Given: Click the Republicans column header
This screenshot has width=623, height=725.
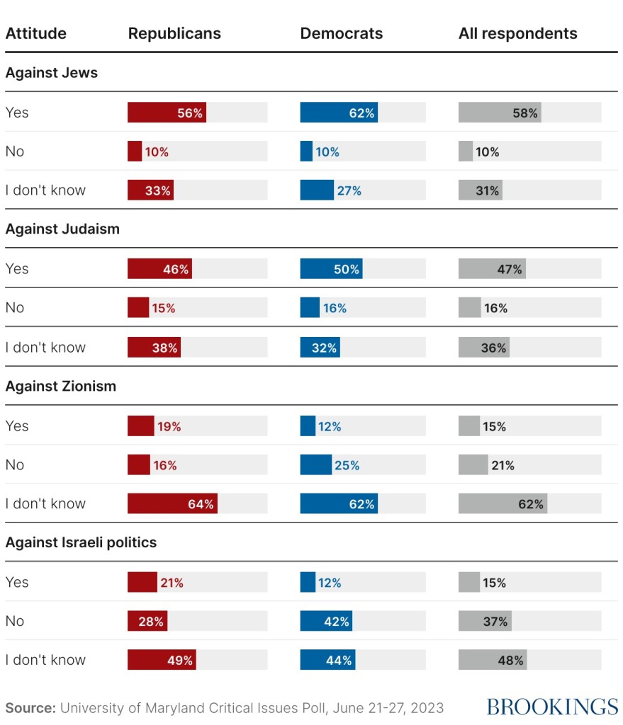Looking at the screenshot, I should click(x=174, y=33).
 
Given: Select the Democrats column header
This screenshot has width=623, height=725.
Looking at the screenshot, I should click(x=341, y=33).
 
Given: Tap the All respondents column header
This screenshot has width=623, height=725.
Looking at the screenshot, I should click(x=517, y=33).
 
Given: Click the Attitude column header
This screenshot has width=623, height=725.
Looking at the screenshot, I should click(x=36, y=33).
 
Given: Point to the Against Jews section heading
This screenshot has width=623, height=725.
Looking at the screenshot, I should click(x=52, y=73).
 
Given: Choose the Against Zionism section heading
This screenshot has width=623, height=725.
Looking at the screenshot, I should click(x=61, y=387).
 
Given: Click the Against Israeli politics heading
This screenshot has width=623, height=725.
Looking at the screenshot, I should click(x=81, y=543).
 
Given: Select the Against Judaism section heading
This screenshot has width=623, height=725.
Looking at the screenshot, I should click(x=62, y=229).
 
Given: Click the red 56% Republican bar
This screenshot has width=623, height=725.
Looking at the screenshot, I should click(x=167, y=113).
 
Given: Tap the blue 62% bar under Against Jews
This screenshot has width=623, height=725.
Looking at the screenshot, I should click(x=339, y=113).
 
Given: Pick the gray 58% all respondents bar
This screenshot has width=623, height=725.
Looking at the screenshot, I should click(x=500, y=113).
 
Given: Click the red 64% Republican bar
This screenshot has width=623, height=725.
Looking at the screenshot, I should click(x=172, y=504).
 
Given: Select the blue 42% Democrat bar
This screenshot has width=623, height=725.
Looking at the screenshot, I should click(x=326, y=622).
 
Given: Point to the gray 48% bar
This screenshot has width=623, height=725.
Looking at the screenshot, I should click(x=493, y=661).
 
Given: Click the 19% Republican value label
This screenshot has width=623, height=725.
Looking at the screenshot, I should click(x=169, y=426).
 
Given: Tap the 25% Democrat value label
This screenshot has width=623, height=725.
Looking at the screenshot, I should click(x=347, y=465).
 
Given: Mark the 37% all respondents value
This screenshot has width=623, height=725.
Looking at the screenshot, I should click(x=496, y=622).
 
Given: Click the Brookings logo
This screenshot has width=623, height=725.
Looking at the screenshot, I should click(x=552, y=707).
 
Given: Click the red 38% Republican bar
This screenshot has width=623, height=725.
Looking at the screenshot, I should click(x=154, y=348).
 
